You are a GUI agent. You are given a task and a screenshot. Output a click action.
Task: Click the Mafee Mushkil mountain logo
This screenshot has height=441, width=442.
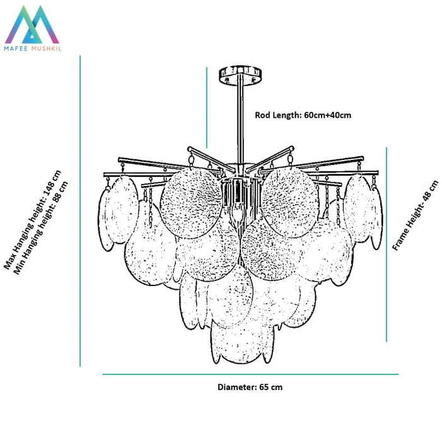click(x=32, y=25)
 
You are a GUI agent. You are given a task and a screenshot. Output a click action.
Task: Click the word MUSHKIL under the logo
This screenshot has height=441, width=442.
click(x=46, y=49)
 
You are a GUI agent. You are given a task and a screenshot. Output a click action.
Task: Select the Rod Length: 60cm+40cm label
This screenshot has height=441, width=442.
click(x=303, y=115)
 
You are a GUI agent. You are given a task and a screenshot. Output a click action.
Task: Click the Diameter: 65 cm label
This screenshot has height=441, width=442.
click(x=250, y=387)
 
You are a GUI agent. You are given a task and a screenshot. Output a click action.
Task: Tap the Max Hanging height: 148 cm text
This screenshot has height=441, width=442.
click(x=32, y=220)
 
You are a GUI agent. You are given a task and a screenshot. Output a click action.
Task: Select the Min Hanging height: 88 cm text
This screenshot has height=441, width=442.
click(x=40, y=227)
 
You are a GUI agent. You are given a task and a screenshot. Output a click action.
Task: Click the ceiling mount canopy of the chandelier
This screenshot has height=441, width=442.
click(x=240, y=75)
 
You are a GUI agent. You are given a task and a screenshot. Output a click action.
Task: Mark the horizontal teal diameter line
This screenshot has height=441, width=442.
click(x=250, y=375)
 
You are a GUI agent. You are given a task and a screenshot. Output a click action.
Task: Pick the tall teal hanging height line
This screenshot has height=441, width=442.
click(x=80, y=211)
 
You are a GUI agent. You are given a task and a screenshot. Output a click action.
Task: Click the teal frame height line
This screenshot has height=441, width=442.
click(x=386, y=244)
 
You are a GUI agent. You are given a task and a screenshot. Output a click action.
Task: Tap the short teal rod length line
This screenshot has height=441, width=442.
click(x=207, y=107)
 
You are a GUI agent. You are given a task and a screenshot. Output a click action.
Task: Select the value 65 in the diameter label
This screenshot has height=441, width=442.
click(x=264, y=387)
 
